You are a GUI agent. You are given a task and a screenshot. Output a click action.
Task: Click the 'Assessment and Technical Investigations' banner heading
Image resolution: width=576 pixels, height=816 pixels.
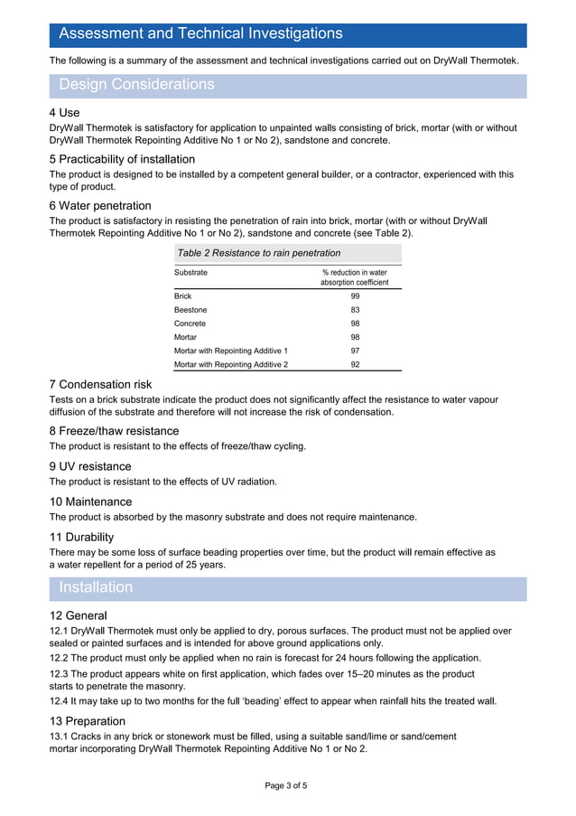200,34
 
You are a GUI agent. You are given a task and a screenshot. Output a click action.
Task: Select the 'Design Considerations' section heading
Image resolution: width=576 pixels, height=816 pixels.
136,85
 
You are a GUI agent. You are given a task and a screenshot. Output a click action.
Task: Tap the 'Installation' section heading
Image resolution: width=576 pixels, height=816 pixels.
96,587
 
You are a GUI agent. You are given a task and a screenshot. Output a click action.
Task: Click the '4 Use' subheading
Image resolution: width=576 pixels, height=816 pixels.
65,113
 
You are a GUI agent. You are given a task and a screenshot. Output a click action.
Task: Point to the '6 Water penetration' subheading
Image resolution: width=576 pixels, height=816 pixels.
100,206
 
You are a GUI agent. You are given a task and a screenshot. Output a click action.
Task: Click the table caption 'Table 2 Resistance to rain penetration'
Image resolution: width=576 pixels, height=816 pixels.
259,253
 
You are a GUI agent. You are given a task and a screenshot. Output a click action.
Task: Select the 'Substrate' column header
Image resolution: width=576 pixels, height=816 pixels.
190,272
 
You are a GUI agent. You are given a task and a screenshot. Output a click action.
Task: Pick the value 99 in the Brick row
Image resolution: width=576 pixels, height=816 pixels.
355,295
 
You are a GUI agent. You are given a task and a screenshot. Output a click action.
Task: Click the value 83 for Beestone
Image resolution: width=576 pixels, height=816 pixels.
355,310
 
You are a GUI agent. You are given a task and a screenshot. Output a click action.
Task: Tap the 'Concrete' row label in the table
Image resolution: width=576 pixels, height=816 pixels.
190,324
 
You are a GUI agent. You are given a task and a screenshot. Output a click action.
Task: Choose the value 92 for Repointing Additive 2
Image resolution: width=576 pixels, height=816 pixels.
355,364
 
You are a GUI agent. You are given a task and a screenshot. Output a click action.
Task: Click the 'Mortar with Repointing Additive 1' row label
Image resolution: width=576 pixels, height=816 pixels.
231,351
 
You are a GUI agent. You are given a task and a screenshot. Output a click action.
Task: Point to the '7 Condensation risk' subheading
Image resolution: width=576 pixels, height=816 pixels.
100,385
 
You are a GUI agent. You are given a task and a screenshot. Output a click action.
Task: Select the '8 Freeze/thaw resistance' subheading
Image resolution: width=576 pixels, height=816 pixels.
114,431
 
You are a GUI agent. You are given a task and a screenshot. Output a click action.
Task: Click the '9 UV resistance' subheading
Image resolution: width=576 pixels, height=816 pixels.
90,466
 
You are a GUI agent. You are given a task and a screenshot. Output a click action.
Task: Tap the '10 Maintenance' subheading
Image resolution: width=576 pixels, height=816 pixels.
90,502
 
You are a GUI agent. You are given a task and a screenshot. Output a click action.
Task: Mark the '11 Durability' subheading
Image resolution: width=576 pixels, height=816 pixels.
81,537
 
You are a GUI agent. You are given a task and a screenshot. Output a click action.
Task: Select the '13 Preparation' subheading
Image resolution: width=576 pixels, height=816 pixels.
88,721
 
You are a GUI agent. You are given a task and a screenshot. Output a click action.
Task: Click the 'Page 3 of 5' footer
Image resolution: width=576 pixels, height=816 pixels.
286,786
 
